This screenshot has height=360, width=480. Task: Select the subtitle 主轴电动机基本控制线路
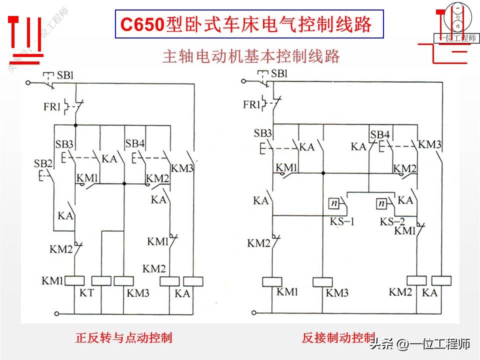[251, 56]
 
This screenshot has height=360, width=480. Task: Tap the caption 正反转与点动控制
[123, 338]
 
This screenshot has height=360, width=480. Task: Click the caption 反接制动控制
[338, 337]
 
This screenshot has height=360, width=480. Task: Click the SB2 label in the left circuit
[43, 164]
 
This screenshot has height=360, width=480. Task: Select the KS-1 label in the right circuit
[342, 221]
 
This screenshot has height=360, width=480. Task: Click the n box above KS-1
[333, 203]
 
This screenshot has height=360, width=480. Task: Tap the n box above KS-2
[382, 203]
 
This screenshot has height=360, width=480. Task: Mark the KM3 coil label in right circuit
[337, 293]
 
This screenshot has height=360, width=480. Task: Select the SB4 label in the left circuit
[135, 144]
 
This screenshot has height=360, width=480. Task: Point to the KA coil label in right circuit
[429, 293]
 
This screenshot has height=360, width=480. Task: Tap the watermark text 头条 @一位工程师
[420, 344]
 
